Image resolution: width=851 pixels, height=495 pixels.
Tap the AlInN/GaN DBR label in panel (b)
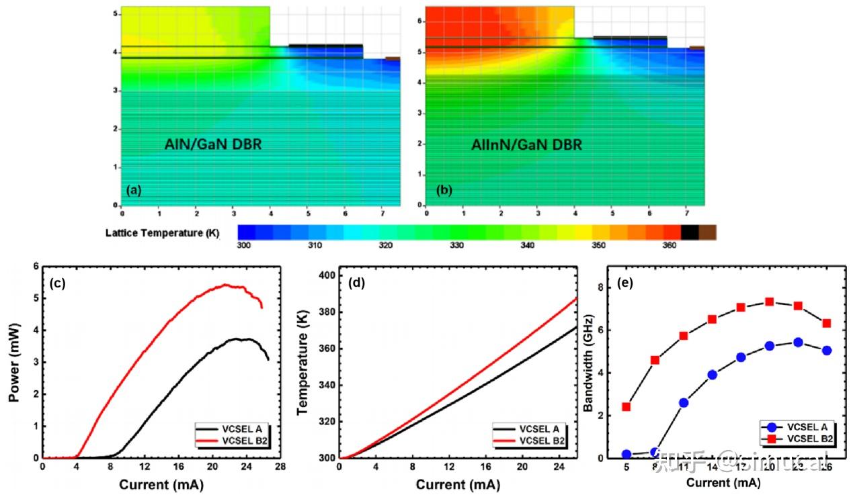point(526,144)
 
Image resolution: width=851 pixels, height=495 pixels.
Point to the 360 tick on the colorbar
point(670,246)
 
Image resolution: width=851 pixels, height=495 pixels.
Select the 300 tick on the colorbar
point(245,246)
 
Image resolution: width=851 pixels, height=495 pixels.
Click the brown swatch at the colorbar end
point(707,232)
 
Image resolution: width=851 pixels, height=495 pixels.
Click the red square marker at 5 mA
point(626,406)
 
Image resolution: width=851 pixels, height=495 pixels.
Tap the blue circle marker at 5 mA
point(626,454)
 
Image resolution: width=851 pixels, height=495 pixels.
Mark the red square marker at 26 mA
point(826,323)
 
